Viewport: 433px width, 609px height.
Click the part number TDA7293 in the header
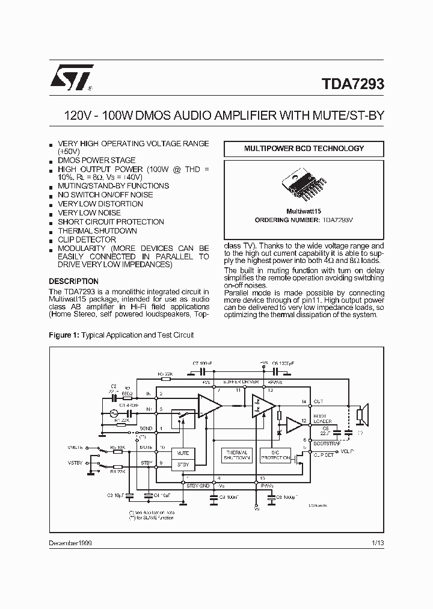coord(349,85)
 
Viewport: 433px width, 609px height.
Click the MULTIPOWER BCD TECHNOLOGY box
coord(303,149)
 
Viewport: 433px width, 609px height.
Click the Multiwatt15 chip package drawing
coord(303,185)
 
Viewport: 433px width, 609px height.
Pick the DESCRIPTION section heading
coord(73,281)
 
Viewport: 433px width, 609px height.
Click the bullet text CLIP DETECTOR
coord(87,240)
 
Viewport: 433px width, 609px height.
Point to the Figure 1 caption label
coord(63,335)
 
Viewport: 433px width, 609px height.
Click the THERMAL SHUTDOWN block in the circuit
coord(236,455)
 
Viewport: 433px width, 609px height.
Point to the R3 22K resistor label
coord(165,374)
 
